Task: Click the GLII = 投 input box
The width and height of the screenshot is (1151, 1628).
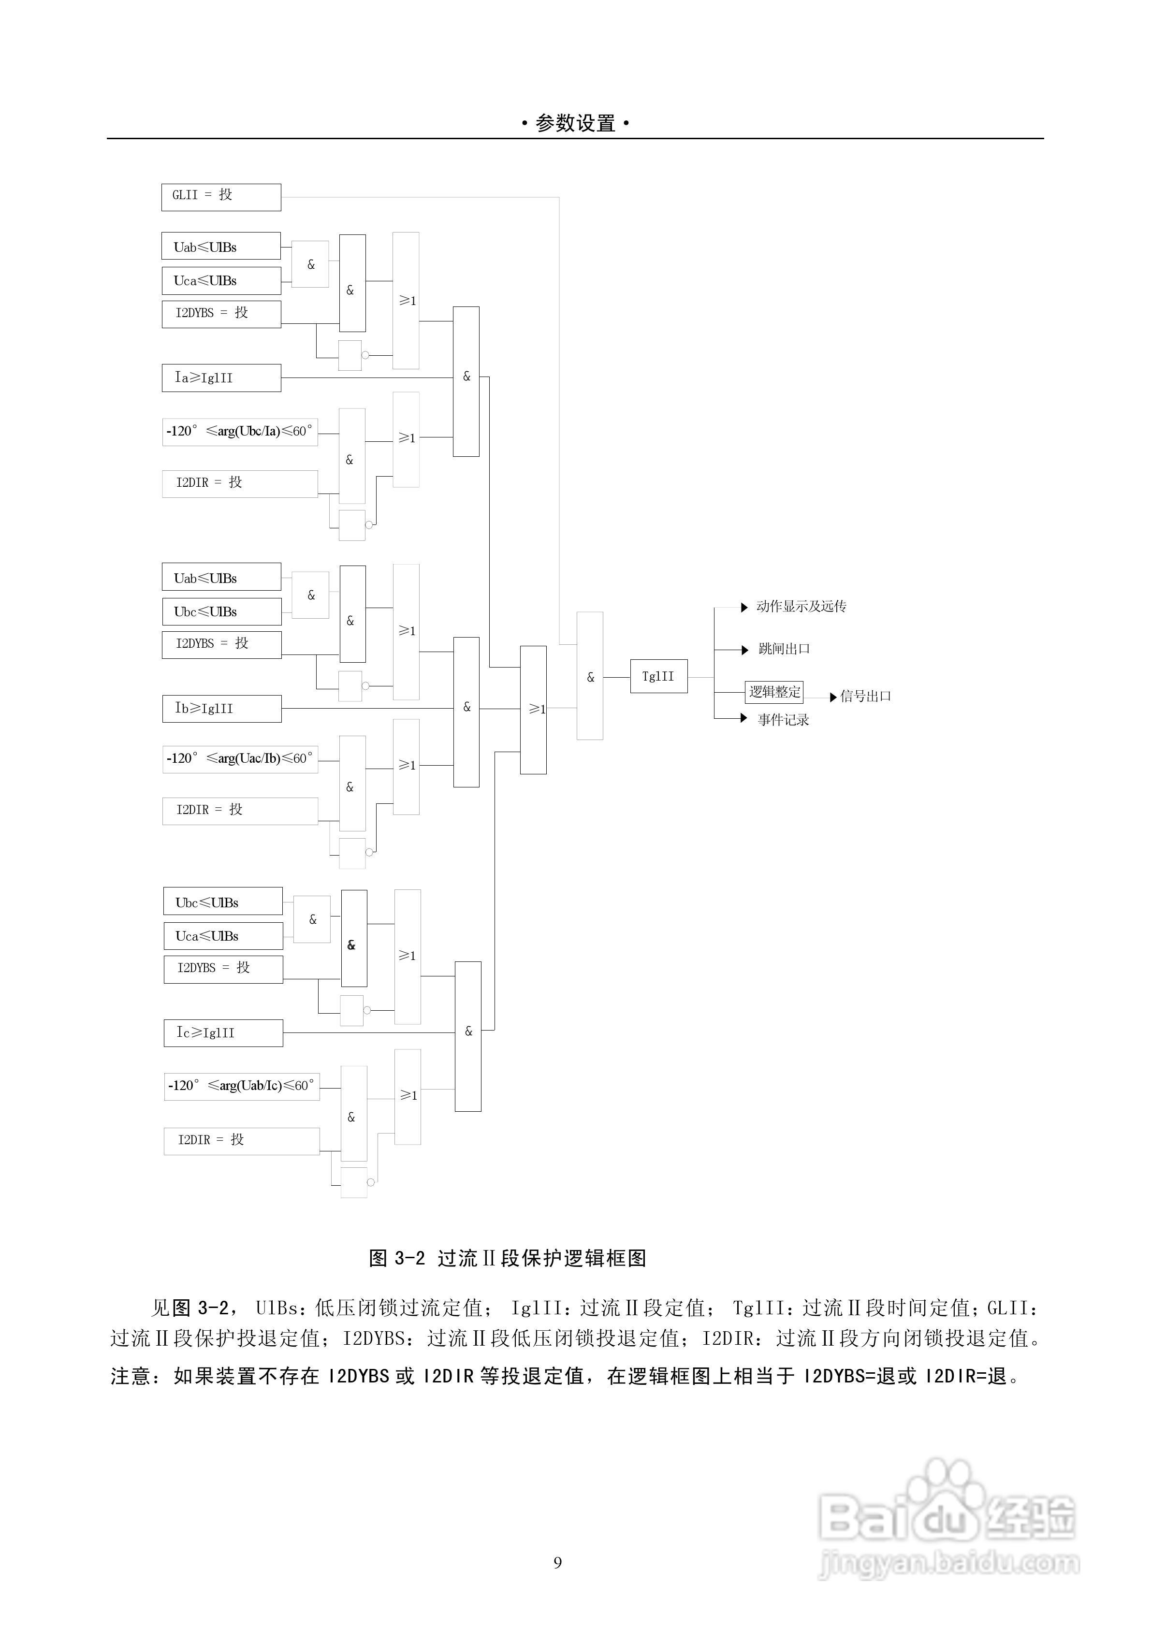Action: coord(221,197)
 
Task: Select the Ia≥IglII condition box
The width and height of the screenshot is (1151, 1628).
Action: coord(221,378)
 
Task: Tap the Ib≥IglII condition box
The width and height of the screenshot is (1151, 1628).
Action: coord(221,708)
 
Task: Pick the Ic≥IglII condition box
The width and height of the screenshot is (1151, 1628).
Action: coord(223,1032)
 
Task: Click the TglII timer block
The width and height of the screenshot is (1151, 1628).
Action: coord(658,676)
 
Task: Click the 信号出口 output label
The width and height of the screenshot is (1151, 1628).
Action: coord(865,696)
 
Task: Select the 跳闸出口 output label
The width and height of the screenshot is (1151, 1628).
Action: coord(784,649)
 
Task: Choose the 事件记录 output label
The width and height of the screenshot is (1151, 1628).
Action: coord(783,720)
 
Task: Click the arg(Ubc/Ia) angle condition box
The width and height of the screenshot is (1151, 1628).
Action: coord(240,431)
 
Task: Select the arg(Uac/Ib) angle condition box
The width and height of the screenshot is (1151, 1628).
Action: coord(240,759)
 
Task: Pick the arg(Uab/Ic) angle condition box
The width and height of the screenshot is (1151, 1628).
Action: coord(241,1086)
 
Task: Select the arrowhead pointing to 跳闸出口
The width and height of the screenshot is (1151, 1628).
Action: coord(744,650)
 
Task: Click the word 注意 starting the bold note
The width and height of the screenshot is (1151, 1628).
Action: coord(131,1376)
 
